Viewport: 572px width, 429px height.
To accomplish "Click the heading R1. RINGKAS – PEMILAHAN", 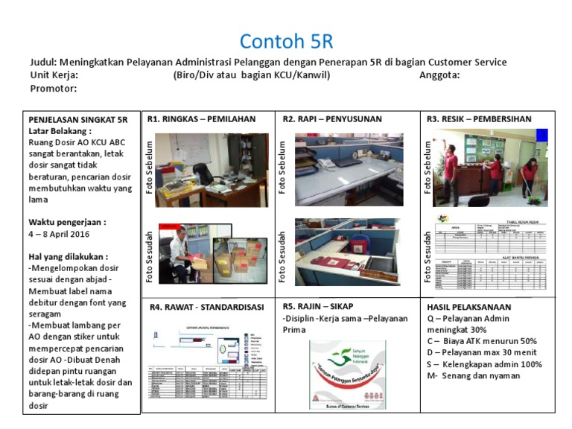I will (201, 118).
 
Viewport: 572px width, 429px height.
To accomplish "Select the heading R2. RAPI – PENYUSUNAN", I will (332, 118).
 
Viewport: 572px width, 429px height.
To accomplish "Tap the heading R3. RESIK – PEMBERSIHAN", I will (479, 118).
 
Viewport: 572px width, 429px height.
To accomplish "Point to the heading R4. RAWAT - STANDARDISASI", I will (206, 306).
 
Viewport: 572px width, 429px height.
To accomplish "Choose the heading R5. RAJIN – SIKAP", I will (318, 305).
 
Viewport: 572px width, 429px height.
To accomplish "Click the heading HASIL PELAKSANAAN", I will (469, 306).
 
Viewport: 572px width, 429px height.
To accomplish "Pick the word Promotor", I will (53, 88).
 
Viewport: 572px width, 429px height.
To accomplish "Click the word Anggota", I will (439, 74).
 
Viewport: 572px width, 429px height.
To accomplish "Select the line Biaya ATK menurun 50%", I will (490, 341).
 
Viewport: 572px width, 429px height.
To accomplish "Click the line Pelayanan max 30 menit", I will (492, 353).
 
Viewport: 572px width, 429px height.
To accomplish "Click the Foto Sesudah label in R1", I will (149, 255).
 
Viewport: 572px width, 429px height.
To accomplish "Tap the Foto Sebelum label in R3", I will (428, 167).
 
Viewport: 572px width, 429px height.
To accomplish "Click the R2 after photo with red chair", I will (349, 252).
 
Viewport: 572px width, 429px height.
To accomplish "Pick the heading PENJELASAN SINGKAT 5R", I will (78, 119).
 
